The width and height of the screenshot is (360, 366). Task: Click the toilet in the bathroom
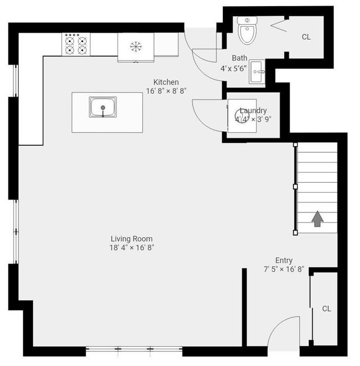[247, 30]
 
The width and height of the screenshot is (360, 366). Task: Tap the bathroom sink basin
[257, 71]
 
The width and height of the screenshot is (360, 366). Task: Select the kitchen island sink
[103, 107]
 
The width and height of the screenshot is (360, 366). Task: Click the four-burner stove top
[76, 44]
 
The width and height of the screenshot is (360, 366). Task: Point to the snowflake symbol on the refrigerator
[136, 46]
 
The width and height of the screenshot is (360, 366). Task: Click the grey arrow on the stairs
[317, 219]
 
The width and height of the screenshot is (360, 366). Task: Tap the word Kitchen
[166, 82]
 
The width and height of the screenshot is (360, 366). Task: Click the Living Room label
[132, 239]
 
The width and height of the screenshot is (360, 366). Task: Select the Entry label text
[283, 260]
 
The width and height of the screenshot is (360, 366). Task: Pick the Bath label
[240, 58]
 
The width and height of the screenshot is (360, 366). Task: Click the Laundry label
[253, 111]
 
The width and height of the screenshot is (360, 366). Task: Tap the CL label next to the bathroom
[306, 37]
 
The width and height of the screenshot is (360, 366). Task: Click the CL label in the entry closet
[326, 309]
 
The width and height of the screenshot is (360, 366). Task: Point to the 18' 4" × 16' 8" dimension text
[132, 247]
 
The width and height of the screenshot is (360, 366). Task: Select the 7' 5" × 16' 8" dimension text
[283, 269]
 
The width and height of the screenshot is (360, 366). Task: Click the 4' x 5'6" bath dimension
[233, 69]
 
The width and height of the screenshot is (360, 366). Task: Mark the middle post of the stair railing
[295, 187]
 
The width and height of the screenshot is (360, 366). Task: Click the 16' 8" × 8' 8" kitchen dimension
[166, 91]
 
